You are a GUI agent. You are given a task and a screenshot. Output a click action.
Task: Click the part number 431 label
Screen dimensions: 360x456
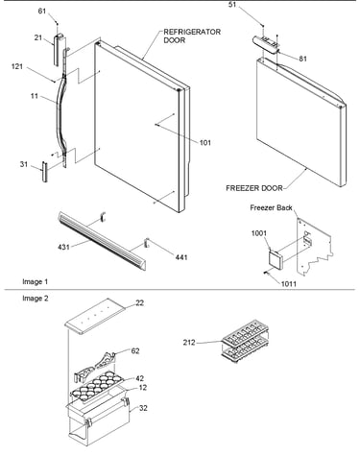coord(63,247)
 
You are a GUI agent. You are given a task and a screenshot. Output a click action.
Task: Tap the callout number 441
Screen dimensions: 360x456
coord(181,257)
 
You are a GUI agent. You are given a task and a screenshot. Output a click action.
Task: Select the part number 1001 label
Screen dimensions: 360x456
coord(259,233)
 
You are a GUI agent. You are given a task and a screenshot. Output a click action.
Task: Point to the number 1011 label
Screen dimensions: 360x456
coord(289,284)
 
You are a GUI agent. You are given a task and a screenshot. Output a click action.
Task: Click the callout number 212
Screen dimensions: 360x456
coord(189,343)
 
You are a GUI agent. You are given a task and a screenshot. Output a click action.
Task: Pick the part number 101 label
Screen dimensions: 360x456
coord(205,143)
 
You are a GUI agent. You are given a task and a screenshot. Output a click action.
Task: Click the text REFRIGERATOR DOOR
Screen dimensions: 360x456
coord(192,36)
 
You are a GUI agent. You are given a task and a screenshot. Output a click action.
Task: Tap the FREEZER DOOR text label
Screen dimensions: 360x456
coord(254,188)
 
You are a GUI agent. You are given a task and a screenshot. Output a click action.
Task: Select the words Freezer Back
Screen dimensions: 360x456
coord(271,207)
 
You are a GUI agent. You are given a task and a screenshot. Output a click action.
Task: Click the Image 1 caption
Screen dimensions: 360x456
coord(36,281)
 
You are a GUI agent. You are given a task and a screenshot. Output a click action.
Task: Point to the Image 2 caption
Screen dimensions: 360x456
coord(36,299)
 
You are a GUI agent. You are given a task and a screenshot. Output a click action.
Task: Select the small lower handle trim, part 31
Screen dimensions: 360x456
coord(44,172)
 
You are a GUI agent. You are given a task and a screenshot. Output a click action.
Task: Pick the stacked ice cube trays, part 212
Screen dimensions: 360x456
coord(245,341)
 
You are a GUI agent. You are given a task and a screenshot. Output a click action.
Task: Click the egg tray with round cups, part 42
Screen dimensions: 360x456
coord(97,386)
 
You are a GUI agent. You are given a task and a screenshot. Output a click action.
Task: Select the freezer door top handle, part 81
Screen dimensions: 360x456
coord(266,44)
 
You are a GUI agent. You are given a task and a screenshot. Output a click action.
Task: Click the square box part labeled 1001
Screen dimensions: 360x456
coord(276,258)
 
